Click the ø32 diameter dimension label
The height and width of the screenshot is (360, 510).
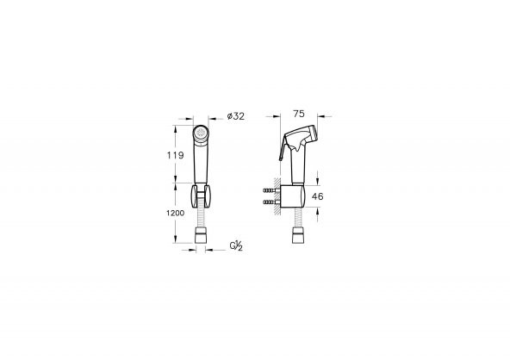point(235,116)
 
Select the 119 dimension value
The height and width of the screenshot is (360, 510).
point(176,155)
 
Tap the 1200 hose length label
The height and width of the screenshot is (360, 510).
point(176,214)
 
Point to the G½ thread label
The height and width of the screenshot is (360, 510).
point(236,245)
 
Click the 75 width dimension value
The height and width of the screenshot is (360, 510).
point(299,114)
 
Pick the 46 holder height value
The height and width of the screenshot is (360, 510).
point(317,196)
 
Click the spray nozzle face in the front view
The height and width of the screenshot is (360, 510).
point(201,133)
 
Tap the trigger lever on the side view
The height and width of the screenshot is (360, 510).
point(283,147)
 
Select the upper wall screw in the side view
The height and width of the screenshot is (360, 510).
point(271,190)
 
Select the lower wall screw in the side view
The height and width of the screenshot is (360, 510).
point(271,202)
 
